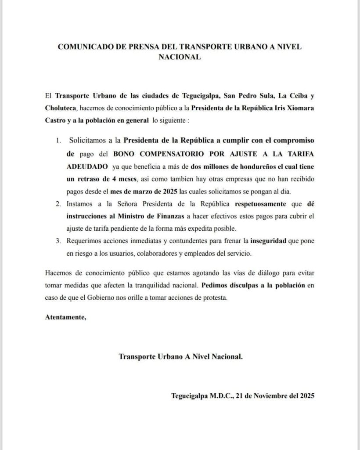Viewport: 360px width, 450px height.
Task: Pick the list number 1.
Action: click(58, 141)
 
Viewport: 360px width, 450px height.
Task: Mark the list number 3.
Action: click(58, 241)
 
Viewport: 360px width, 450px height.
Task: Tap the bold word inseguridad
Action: click(270, 241)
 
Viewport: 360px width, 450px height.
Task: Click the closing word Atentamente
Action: click(65, 317)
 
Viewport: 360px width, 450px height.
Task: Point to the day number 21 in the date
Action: click(240, 395)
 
